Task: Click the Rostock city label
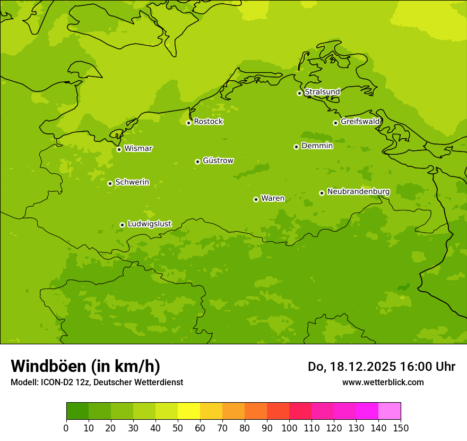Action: point(208,122)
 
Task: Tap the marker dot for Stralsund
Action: point(299,93)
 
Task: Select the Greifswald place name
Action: point(360,122)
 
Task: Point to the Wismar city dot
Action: point(119,149)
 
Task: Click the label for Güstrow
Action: point(218,160)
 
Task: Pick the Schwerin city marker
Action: point(110,183)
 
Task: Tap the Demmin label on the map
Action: point(317,146)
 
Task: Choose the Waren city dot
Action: point(256,199)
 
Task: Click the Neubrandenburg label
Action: point(358,192)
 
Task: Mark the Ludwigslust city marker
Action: point(122,225)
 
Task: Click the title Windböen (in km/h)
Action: point(85,366)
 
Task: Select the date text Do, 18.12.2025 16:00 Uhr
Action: point(381,367)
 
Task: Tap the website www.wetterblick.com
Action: point(383,383)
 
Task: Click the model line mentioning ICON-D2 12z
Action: point(97,383)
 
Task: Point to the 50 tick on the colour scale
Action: point(178,428)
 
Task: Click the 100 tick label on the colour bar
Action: point(289,428)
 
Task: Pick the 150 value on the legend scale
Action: point(401,428)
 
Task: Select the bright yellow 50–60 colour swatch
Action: point(189,411)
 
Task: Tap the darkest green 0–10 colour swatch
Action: point(77,411)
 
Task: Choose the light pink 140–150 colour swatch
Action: point(390,411)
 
